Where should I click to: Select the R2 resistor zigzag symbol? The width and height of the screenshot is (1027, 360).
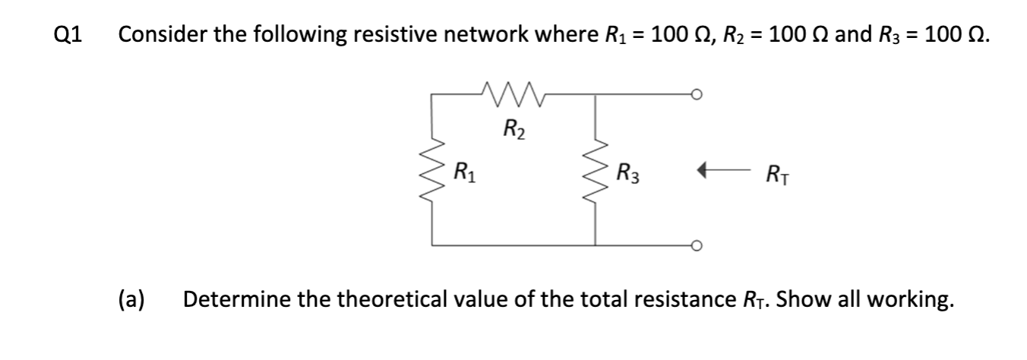(x=514, y=94)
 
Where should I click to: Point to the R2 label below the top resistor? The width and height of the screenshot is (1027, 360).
(x=513, y=127)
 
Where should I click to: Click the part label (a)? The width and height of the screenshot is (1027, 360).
(x=132, y=300)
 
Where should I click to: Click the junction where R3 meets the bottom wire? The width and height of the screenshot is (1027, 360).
(x=596, y=245)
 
